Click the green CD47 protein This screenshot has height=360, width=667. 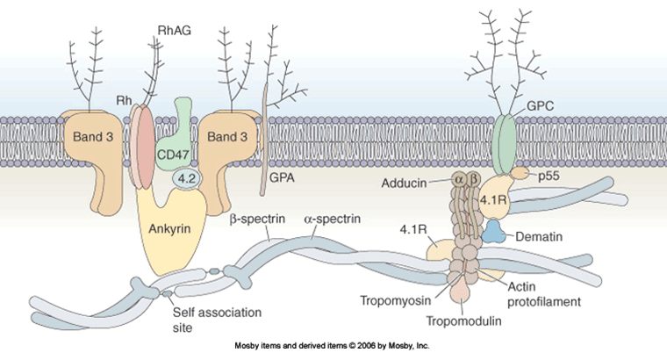[x=176, y=155]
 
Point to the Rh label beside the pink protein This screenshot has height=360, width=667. [x=126, y=100]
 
